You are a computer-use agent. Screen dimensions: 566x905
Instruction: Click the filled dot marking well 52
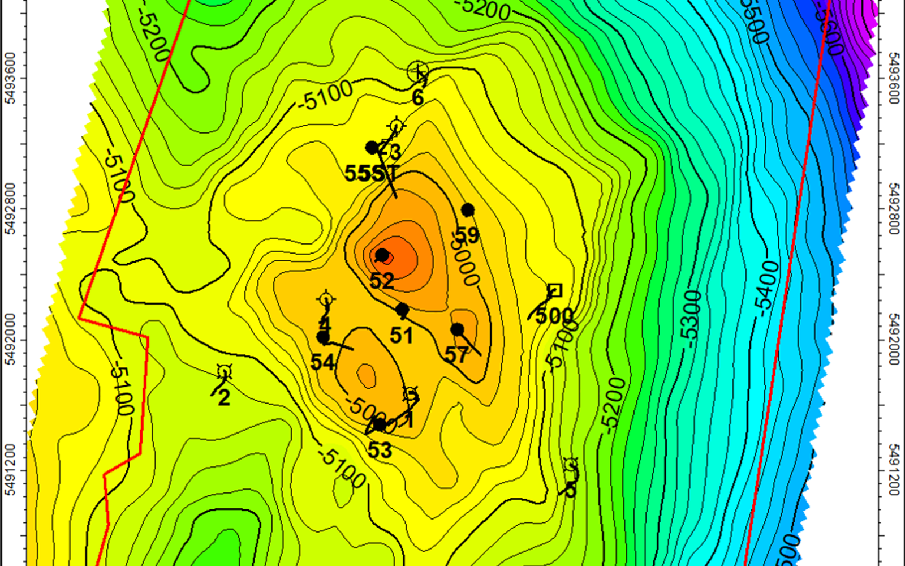tap(382, 255)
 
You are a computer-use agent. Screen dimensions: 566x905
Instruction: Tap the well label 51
tap(402, 336)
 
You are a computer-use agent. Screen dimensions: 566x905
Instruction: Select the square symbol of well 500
tap(555, 291)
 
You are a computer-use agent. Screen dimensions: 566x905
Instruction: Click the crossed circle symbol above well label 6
tap(418, 71)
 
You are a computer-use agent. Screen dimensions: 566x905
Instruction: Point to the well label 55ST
tap(372, 173)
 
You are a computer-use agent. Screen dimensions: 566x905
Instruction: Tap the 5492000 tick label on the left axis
tap(9, 340)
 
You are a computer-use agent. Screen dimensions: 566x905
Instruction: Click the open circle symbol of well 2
tap(225, 372)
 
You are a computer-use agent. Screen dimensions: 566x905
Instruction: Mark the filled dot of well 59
tap(468, 210)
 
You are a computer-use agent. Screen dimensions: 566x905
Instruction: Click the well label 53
tap(380, 451)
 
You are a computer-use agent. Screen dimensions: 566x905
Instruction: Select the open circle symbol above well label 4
tap(326, 299)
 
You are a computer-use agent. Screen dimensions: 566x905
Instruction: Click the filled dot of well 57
tap(457, 329)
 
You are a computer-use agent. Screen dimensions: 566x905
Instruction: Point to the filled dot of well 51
tap(402, 310)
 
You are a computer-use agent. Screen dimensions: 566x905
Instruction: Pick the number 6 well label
tap(418, 98)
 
